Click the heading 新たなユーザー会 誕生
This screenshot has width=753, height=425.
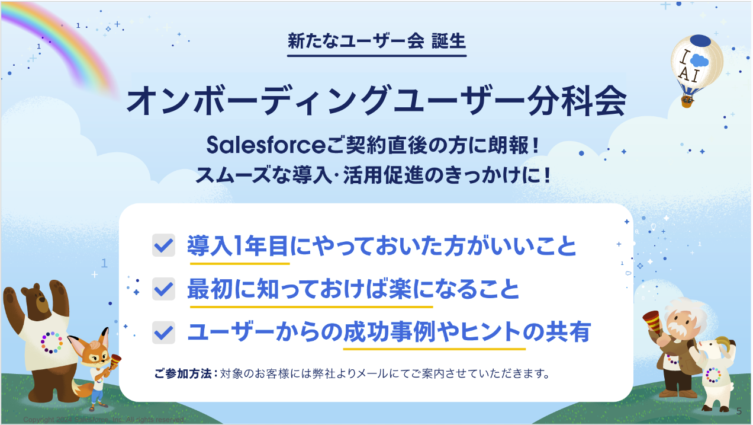[x=376, y=41]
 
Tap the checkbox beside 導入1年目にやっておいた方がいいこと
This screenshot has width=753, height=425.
[x=163, y=245]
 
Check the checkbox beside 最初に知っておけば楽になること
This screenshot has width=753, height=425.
[x=163, y=289]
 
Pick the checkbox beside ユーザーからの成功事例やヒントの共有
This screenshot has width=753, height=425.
[x=163, y=332]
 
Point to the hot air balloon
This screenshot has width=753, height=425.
[x=697, y=62]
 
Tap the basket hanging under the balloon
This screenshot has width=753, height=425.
[x=687, y=102]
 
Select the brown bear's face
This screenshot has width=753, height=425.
[x=37, y=305]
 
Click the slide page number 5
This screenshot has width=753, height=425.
[x=739, y=411]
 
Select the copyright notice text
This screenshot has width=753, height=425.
[x=104, y=420]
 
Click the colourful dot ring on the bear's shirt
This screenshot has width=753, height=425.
[x=52, y=342]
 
